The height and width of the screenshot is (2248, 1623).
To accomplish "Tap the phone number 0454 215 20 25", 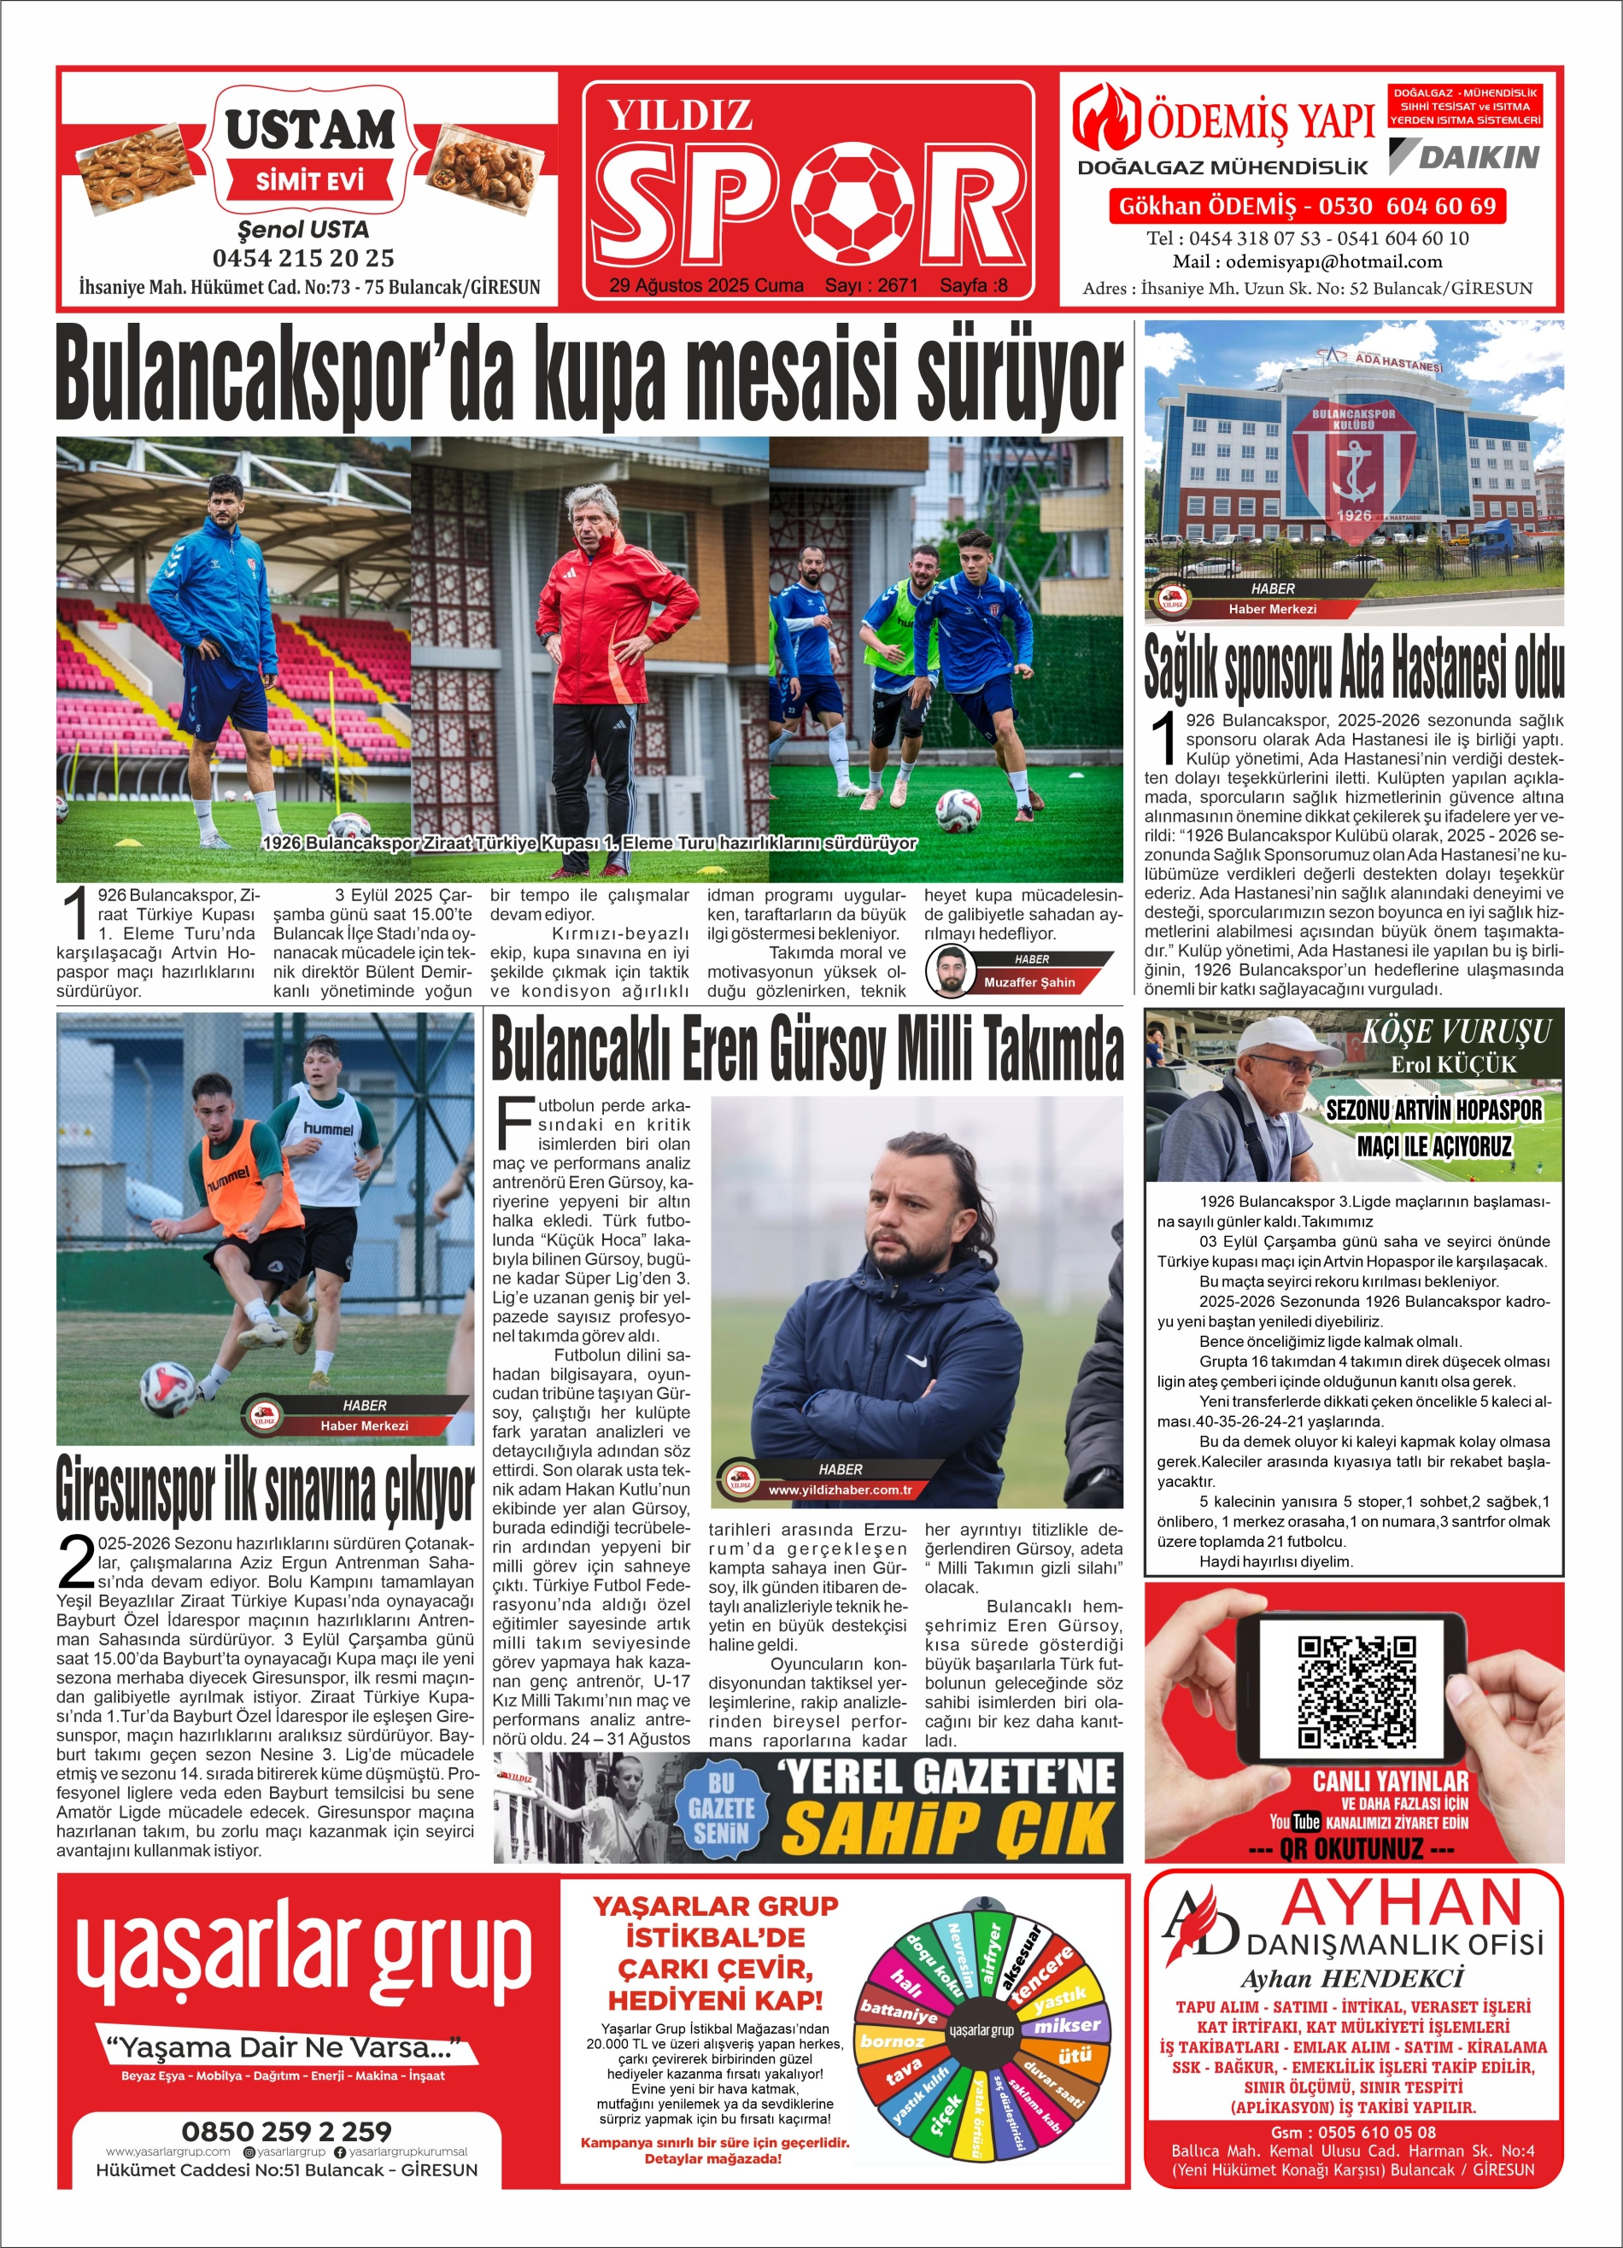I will point(302,259).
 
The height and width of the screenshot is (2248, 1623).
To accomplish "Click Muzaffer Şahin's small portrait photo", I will point(950,971).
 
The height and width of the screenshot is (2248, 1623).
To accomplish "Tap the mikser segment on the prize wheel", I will point(1066,2026).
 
